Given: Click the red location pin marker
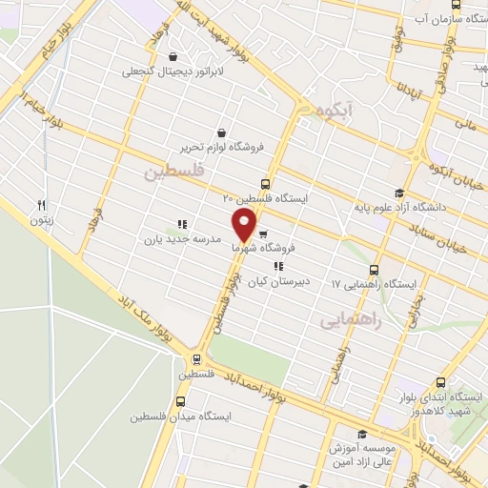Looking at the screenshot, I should click(x=244, y=225).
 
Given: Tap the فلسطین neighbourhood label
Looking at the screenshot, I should click(x=175, y=173).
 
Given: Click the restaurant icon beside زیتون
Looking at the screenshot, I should click(x=41, y=205).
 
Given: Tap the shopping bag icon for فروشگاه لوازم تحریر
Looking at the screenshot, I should click(x=222, y=132).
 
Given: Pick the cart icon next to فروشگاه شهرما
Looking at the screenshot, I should click(x=263, y=232).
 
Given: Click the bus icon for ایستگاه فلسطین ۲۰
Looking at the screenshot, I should click(x=265, y=184).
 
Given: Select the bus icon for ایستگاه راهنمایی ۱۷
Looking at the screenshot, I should click(x=374, y=271).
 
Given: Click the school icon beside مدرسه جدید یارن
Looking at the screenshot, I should click(x=181, y=225).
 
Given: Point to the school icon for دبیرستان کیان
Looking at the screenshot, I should click(x=277, y=267).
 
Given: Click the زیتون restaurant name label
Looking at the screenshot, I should click(x=41, y=220).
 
